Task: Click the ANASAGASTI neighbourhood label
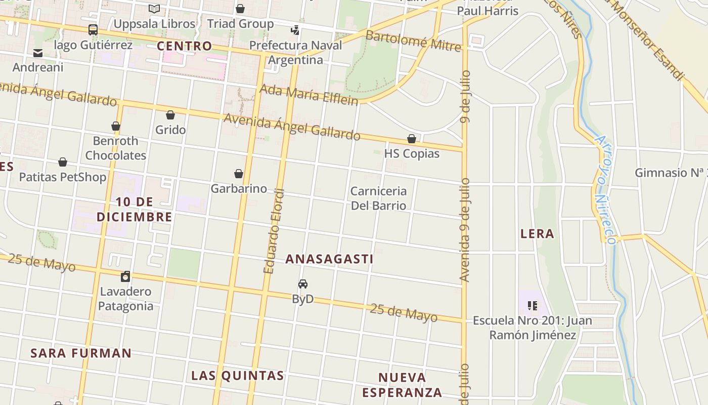pos(329,259)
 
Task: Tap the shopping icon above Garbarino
pos(239,174)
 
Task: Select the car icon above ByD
pos(303,284)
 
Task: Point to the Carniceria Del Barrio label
pos(378,198)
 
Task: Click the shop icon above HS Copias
pos(412,139)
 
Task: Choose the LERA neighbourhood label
pos(537,233)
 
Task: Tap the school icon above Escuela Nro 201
pos(532,305)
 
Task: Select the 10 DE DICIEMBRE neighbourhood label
pos(134,210)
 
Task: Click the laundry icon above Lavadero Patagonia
pos(125,276)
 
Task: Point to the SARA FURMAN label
pos(81,353)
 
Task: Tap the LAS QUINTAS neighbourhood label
pos(237,376)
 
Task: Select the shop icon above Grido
pos(170,115)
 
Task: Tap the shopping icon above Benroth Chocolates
pos(116,126)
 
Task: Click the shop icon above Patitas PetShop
pos(63,162)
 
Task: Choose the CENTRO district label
pos(184,46)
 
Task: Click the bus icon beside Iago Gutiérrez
pos(93,30)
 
